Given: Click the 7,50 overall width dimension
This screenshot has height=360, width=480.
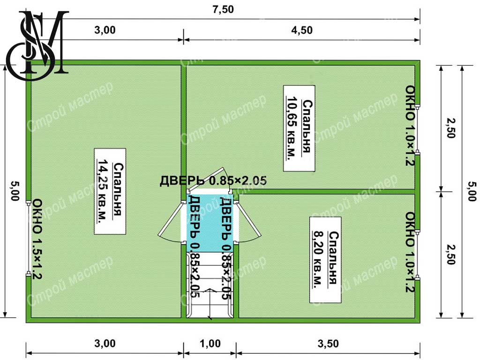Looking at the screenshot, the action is (x=223, y=9).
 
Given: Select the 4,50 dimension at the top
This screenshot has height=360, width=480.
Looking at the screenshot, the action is (x=302, y=30).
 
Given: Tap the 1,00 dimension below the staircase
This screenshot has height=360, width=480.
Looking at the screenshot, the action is (x=210, y=344).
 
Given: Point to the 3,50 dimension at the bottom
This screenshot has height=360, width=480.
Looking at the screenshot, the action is (x=328, y=344).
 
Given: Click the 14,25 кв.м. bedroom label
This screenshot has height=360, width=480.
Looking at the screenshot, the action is (x=110, y=191).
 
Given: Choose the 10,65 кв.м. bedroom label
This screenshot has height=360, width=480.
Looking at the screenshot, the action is (x=299, y=128).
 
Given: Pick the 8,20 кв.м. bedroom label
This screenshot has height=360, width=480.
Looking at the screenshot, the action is (x=325, y=260).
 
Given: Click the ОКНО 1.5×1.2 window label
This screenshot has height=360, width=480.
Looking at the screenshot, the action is (x=37, y=239).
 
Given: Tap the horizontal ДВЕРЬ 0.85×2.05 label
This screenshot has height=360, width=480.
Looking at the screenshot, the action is (x=213, y=181).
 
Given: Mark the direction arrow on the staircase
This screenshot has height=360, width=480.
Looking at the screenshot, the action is (x=210, y=304).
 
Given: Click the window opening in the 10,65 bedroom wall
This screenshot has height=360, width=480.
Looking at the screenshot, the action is (x=418, y=128).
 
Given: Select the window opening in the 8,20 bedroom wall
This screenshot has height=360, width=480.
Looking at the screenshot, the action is (x=418, y=256).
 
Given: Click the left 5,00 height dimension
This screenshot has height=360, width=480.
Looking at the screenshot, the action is (x=15, y=191).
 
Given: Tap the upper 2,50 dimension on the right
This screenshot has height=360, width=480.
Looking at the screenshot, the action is (x=450, y=128).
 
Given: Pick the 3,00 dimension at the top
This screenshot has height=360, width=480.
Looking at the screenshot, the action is (x=105, y=30).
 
